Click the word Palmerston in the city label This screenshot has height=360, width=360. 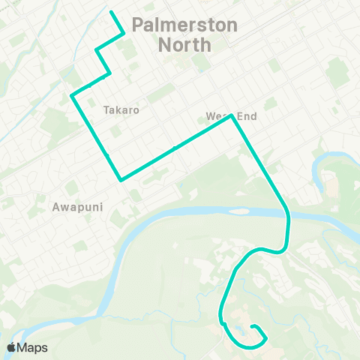[x=184, y=25]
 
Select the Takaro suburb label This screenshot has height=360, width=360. [x=121, y=109]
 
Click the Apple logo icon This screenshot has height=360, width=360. [x=11, y=347]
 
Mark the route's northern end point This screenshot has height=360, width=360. [x=111, y=12]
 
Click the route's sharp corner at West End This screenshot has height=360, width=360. [x=232, y=117]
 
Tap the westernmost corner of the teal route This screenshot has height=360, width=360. [x=71, y=96]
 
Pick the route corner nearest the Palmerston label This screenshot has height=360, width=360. [x=124, y=31]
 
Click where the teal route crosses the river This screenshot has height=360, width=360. [x=288, y=218]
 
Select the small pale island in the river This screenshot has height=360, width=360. [x=238, y=211]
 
